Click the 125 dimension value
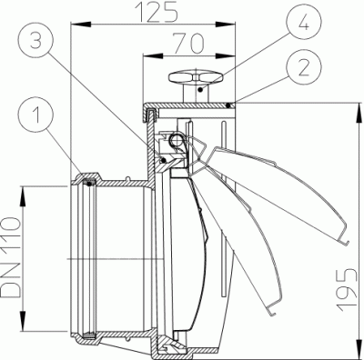[x=156, y=12]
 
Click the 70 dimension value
[x=188, y=44]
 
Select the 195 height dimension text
[x=348, y=290]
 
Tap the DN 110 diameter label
[x=11, y=258]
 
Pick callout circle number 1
[x=35, y=115]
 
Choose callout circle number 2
[x=304, y=69]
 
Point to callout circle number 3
[x=35, y=41]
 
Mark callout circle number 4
[x=304, y=23]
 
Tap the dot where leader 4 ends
[x=200, y=90]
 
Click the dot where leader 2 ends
[x=231, y=105]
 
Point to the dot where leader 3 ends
[x=164, y=159]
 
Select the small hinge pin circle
[x=175, y=139]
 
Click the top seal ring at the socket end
[x=89, y=184]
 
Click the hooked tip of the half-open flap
[x=272, y=312]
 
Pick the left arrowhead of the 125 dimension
[x=81, y=25]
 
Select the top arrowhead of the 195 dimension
[x=359, y=113]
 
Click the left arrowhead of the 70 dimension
[x=153, y=56]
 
